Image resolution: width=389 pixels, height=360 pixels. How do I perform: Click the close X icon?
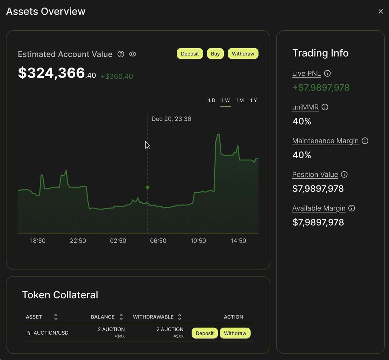point(381,12)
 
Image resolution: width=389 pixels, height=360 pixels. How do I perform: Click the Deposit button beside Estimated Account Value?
point(190,54)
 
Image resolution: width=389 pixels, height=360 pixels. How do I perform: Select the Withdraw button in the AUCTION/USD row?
point(235,333)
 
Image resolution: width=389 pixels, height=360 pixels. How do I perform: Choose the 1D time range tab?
point(211,101)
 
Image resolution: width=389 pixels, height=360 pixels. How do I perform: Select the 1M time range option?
point(240,101)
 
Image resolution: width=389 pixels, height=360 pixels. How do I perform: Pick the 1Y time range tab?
point(253,101)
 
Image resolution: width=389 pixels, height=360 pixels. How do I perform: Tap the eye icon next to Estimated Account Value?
point(133,54)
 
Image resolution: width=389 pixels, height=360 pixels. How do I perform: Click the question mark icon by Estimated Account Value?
point(121,54)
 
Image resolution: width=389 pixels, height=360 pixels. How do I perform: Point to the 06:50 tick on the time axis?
point(158,241)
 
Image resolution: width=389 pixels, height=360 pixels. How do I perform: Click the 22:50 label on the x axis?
point(78,241)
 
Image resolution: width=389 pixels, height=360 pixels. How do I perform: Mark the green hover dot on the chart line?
point(147,187)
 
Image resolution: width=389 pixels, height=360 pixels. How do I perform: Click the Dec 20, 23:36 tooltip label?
point(171,119)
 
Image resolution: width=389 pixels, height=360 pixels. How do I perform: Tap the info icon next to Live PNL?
point(327,73)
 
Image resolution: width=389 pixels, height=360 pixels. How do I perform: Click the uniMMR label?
point(305,107)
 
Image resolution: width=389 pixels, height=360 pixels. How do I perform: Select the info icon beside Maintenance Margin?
point(365,141)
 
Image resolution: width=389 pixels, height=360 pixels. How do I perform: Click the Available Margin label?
point(319,208)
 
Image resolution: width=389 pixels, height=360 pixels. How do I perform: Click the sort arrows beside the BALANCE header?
point(121,317)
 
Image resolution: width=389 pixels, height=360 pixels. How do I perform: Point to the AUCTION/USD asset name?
point(51,333)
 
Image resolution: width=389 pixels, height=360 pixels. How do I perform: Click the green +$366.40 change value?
point(117,77)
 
